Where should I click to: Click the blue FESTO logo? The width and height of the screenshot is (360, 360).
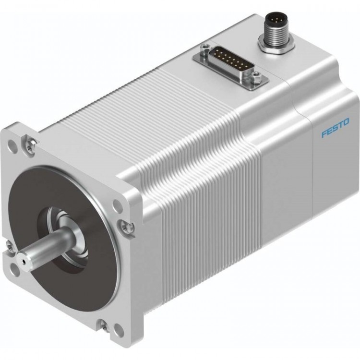coord(336,129)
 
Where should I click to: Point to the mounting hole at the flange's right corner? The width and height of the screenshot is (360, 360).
coord(117,206)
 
